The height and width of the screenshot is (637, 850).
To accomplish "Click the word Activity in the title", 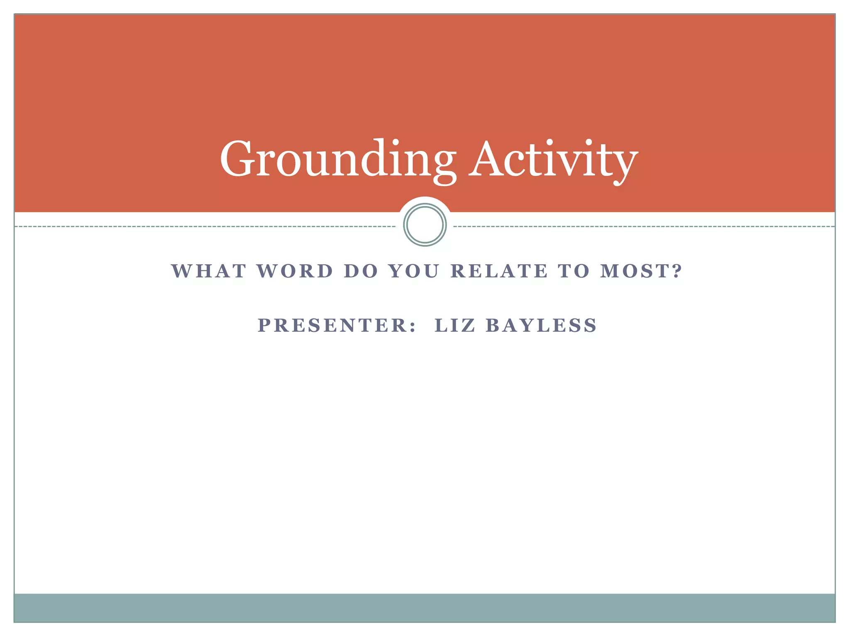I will tap(554, 159).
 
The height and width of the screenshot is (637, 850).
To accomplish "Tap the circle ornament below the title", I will tap(425, 225).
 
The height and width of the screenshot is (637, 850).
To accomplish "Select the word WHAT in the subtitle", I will tap(209, 271).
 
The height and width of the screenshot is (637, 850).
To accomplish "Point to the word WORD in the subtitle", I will tap(295, 271).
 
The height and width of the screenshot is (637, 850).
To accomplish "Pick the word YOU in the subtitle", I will tap(414, 271).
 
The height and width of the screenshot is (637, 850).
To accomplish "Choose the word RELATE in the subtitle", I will tap(499, 271).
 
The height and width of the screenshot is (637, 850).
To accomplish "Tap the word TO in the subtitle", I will tap(574, 271).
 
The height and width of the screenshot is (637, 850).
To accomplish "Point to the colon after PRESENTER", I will tap(412, 326).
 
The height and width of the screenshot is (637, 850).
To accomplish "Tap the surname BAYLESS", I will tap(541, 325).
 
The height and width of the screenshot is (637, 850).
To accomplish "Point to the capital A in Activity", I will tap(491, 159).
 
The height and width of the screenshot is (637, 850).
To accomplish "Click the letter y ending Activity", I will tap(625, 164).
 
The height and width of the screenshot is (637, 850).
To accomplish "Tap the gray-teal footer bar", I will tap(425, 608).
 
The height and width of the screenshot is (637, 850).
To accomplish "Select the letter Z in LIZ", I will tap(468, 325).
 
